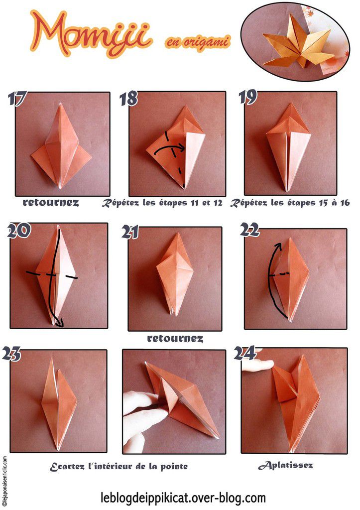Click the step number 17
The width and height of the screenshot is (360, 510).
coord(17,98)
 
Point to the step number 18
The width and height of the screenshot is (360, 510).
coord(128,98)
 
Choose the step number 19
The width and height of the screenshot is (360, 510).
coord(247,97)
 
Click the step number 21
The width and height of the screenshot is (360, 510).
coord(131,233)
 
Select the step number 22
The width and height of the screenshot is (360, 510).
coord(249,230)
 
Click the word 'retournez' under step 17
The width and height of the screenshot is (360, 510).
coord(51,203)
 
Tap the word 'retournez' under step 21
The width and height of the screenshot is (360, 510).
coord(175,339)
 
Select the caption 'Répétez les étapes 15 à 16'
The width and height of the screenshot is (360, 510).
coord(290,203)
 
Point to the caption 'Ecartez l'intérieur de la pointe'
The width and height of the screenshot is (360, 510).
coord(119,467)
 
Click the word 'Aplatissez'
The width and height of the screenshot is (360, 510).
coord(285,466)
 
